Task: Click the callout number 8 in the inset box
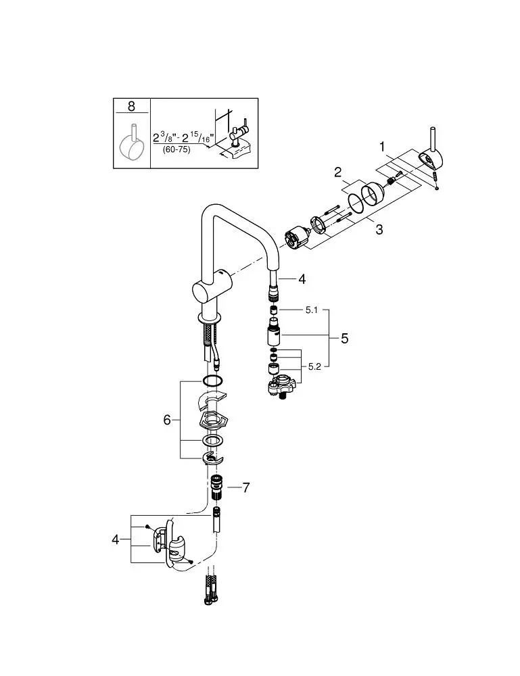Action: pyautogui.click(x=131, y=105)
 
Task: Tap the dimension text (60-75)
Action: pyautogui.click(x=176, y=150)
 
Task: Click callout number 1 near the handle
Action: pyautogui.click(x=382, y=147)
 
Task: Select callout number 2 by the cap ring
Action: pyautogui.click(x=337, y=172)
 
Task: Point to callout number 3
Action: pyautogui.click(x=379, y=229)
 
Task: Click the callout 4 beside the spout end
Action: pyautogui.click(x=302, y=279)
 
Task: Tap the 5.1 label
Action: pyautogui.click(x=311, y=310)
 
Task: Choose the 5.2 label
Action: pyautogui.click(x=314, y=367)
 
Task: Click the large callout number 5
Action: pyautogui.click(x=344, y=339)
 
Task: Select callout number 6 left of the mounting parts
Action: pyautogui.click(x=167, y=419)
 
